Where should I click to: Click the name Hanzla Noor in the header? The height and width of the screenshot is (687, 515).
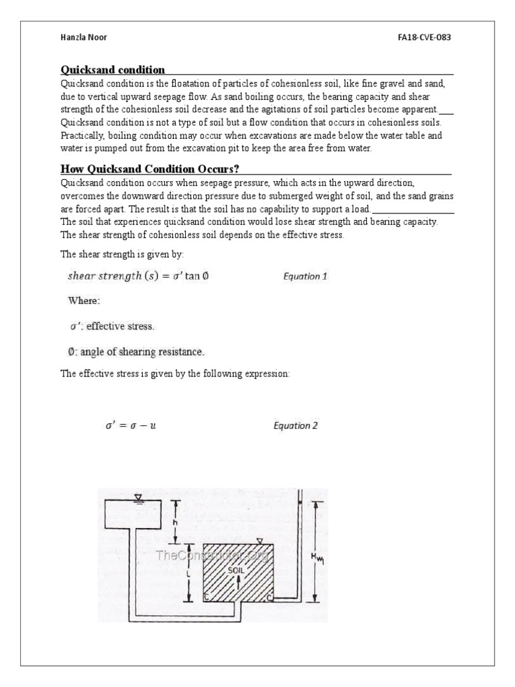tap(84, 38)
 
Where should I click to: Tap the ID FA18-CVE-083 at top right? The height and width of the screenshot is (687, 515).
tap(424, 38)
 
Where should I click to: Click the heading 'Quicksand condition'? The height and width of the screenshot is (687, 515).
tap(113, 70)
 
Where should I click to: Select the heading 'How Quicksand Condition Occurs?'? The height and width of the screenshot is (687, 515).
tap(150, 168)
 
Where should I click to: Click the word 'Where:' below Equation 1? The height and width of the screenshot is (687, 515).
tap(84, 301)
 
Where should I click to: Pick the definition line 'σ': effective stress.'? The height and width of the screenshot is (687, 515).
tap(112, 327)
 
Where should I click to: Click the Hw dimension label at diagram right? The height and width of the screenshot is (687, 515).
tap(316, 556)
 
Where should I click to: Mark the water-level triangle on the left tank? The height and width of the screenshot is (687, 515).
tap(138, 497)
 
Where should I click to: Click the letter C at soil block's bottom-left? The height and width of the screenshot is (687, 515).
tap(207, 595)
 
